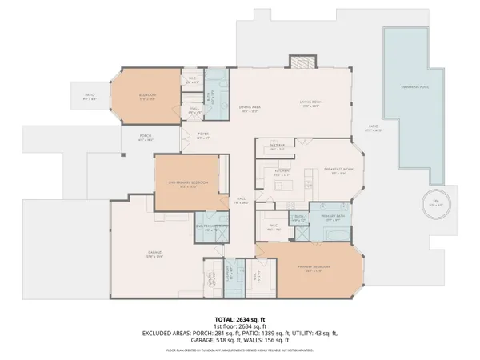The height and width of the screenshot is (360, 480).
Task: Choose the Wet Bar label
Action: click(278, 147)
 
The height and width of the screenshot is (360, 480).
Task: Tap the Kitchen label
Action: click(282, 171)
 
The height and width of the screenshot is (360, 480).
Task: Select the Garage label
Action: click(154, 254)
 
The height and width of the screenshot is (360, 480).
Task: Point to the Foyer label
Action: click(203, 137)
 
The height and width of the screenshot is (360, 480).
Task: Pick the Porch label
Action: click(146, 137)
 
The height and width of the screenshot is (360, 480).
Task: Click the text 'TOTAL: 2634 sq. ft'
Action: click(239, 318)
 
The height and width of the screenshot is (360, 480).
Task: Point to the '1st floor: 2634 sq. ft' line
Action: click(239, 326)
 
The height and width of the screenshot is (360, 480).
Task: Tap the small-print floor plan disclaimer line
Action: click(239, 350)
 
